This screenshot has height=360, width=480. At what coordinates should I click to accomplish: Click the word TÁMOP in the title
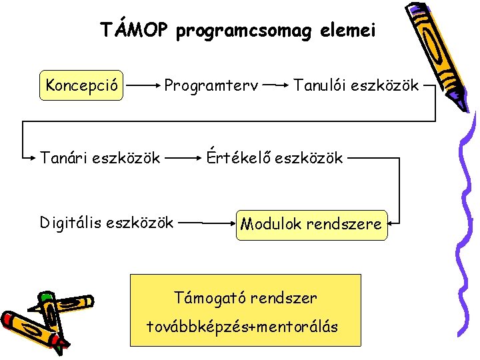[x=133, y=30]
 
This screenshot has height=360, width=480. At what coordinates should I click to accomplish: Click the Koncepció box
[x=82, y=85]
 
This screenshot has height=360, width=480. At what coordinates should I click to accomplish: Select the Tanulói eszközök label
[x=356, y=85]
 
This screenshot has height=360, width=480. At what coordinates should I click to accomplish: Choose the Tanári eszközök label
[x=100, y=158]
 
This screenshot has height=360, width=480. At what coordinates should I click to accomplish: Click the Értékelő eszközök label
[x=274, y=158]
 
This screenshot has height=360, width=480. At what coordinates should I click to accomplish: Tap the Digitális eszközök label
[x=107, y=221]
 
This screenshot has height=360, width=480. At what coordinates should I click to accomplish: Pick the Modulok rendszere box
[x=311, y=223]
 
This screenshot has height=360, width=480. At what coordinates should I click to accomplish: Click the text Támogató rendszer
[x=245, y=297]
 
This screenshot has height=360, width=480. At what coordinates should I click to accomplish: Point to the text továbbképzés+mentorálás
[x=243, y=327]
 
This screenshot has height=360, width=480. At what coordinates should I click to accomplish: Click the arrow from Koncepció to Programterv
[x=143, y=85]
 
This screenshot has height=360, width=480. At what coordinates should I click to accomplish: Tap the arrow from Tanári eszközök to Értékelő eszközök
[x=183, y=158]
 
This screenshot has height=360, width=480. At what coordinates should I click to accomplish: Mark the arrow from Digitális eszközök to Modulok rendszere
[x=207, y=223]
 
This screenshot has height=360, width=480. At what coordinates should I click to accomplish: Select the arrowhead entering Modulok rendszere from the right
[x=393, y=223]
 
